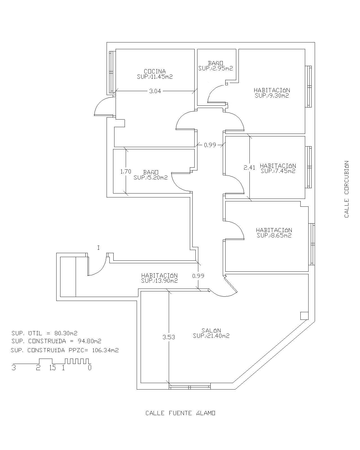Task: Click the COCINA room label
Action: pos(155,71)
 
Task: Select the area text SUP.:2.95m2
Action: pos(216,68)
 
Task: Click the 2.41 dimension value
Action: pos(249,168)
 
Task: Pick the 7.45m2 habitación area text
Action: pos(278,171)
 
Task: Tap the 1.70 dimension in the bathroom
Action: pos(126,171)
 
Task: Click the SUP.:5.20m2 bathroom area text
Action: pos(151,177)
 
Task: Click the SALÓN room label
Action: pos(211,330)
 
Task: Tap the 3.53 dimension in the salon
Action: pos(169,337)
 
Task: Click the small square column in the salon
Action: pos(304,316)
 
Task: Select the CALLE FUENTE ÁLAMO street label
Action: pos(180,413)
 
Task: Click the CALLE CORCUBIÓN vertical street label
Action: pos(346,189)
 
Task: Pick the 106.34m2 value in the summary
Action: pos(105,350)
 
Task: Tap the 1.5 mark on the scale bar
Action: pos(52,368)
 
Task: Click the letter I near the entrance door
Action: pos(98,248)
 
